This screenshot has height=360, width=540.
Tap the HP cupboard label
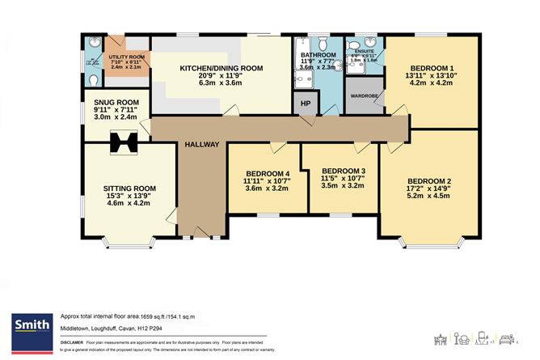point(306,103)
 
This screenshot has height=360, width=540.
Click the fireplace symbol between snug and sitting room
point(124,142)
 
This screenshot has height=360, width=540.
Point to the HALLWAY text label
point(200,144)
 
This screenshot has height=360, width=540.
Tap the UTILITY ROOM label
point(125,57)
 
